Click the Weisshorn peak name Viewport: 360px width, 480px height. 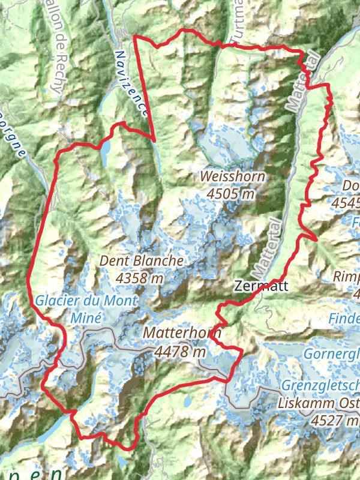pos(233,176)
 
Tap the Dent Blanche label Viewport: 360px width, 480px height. pos(141,261)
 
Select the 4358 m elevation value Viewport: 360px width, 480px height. pos(140,278)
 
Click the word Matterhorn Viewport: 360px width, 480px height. pos(182,334)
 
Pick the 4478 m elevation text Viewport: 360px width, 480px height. pos(179,352)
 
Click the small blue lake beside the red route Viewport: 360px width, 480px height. pos(106,153)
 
